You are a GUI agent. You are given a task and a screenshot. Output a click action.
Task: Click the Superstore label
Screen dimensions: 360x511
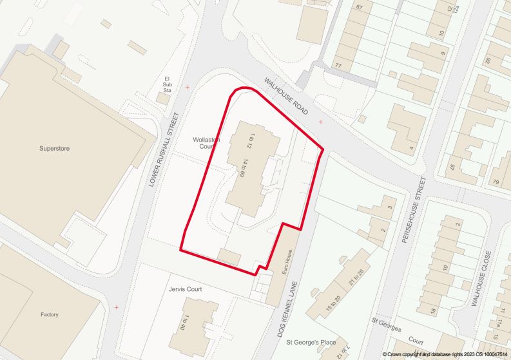tap(54, 149)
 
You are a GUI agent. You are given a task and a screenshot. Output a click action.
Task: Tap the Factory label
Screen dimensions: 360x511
tap(50, 315)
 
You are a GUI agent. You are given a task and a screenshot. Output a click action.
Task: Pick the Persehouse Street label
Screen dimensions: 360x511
tap(414, 210)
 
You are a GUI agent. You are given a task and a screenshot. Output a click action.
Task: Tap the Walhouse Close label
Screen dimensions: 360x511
tap(481, 279)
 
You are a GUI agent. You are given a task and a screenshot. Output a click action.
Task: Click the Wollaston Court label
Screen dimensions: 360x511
tap(206, 143)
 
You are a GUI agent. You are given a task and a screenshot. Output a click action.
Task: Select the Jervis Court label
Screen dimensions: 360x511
tap(185, 290)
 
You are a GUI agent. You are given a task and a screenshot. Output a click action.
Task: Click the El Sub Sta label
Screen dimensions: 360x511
tap(167, 84)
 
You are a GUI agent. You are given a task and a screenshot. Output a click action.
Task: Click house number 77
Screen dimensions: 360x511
tap(338, 66)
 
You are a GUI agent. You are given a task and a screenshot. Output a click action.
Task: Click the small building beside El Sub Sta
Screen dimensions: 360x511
tap(164, 99)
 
